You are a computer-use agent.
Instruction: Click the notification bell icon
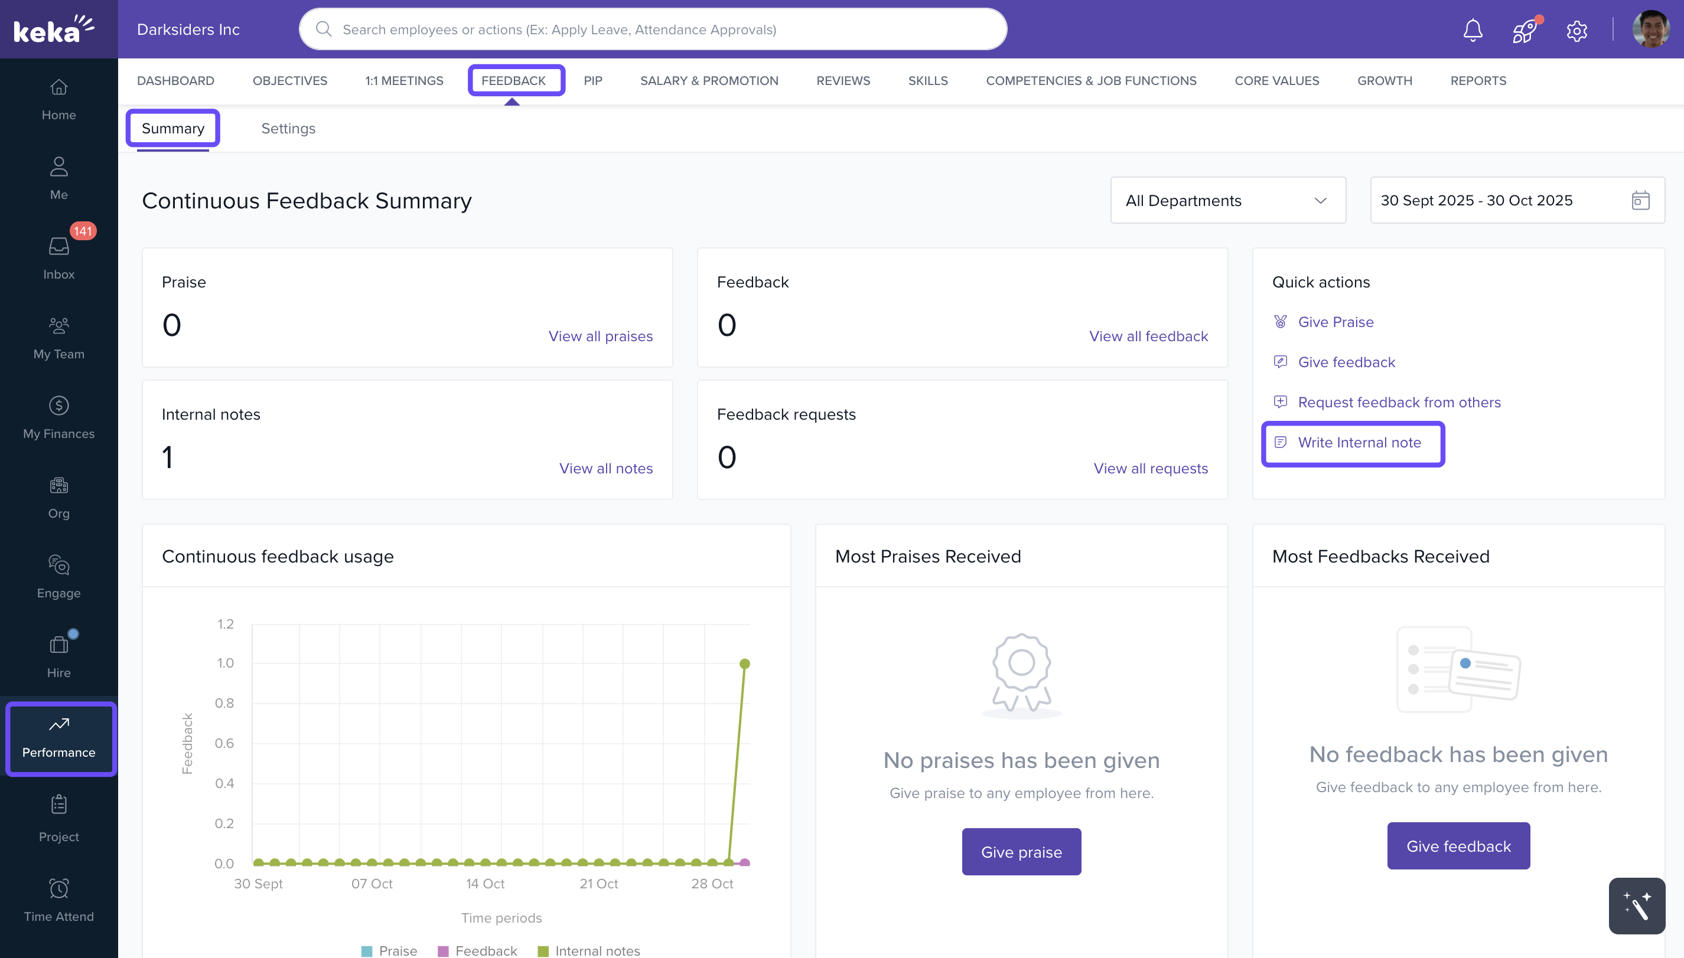(1472, 30)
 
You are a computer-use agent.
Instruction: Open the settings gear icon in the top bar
(1576, 30)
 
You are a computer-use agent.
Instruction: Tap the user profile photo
(1650, 29)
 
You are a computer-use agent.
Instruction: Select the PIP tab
(592, 80)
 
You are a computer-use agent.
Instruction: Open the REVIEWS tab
(843, 80)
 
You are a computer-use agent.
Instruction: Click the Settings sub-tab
(288, 128)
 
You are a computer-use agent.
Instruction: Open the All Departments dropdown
(1227, 200)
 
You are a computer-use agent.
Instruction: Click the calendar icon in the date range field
(1640, 200)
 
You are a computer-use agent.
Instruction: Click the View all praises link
(600, 336)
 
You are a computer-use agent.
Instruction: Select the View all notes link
(605, 469)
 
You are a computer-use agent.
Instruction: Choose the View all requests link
(1150, 469)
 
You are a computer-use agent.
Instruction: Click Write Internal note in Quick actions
(1359, 443)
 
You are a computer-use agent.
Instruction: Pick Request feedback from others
(1398, 403)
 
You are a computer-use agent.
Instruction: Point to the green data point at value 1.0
(745, 663)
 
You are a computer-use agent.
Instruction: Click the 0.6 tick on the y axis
(224, 743)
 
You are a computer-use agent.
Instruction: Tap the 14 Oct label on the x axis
(485, 884)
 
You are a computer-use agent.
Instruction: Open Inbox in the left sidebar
(58, 257)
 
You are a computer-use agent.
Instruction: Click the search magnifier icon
(323, 29)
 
